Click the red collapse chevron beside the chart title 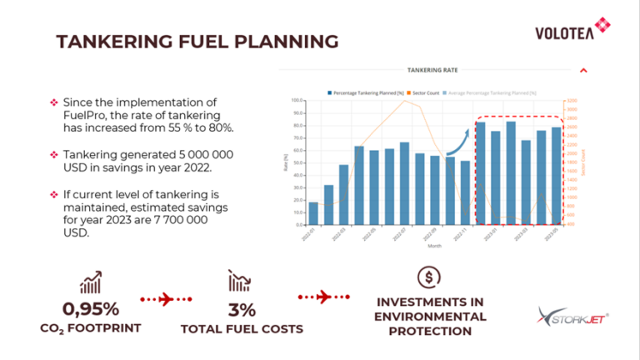[583, 71]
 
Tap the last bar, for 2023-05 [556, 176]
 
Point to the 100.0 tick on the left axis [297, 101]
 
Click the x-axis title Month [434, 247]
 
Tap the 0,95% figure [90, 310]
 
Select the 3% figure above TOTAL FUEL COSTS [242, 310]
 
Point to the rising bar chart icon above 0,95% [91, 281]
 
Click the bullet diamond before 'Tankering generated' [54, 155]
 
